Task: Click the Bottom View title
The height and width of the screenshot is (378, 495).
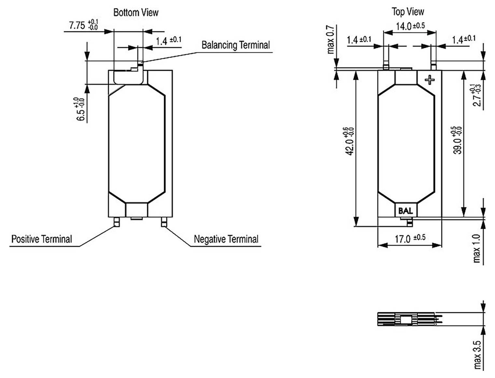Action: click(136, 13)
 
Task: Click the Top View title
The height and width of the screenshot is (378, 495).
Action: click(408, 12)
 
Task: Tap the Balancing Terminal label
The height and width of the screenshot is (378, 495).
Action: click(235, 45)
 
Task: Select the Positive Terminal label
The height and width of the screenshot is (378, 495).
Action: click(41, 239)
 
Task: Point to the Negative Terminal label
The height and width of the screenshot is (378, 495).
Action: click(226, 239)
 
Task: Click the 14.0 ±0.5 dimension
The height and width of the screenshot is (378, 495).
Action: click(410, 26)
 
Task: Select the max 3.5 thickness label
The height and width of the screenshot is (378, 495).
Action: click(477, 355)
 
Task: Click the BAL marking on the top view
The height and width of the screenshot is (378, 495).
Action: click(405, 211)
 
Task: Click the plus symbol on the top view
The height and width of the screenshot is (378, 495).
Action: click(430, 79)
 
